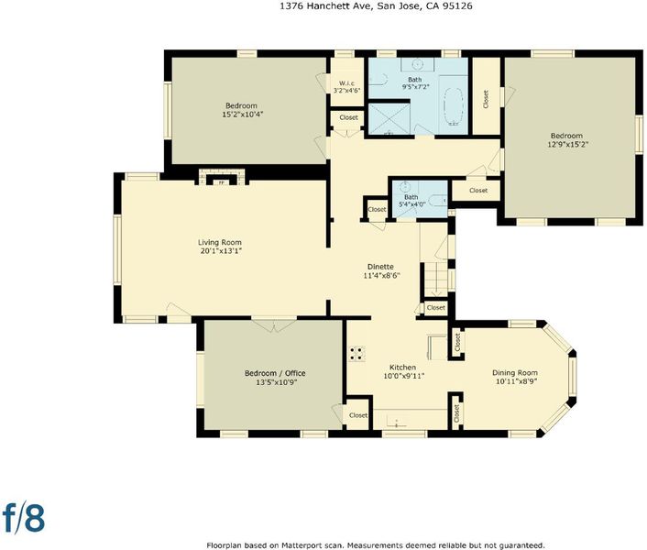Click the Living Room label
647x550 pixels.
point(220,242)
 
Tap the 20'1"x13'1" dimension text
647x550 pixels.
point(221,251)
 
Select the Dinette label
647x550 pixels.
point(380,267)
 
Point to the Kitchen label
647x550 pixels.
point(402,368)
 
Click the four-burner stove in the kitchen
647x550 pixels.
point(357,354)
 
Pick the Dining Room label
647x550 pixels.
point(514,373)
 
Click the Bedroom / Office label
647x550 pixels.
point(275,373)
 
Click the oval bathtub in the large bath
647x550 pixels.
point(454,105)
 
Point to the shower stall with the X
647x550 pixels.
point(389,118)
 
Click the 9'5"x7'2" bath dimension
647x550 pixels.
point(415,87)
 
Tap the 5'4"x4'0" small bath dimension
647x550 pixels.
point(411,203)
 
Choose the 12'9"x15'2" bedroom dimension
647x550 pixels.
point(567,145)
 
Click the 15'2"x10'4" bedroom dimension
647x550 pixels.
point(242,115)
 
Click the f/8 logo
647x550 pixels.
point(24,517)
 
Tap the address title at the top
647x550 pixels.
point(376,6)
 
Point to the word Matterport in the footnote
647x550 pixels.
point(298,545)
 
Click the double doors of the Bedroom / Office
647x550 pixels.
point(274,324)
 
